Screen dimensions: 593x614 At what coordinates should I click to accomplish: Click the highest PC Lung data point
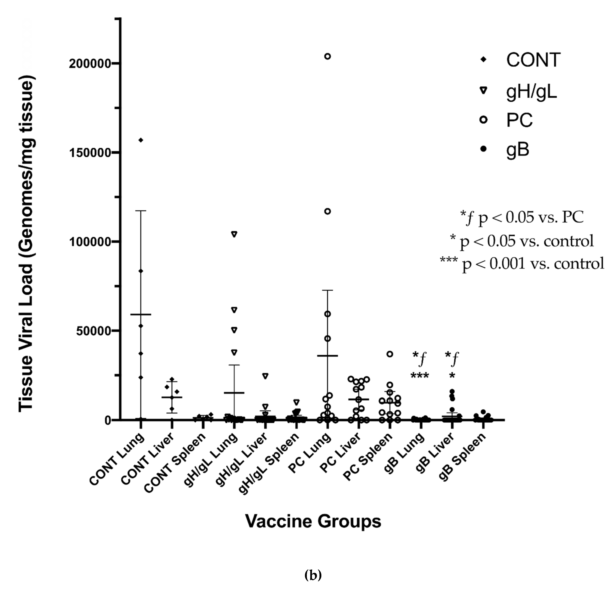coord(327,56)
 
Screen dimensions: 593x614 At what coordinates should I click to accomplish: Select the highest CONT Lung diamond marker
coord(141,140)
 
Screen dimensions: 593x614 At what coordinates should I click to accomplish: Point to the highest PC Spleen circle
coord(390,354)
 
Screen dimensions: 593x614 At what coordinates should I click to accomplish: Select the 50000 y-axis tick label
coord(94,331)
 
